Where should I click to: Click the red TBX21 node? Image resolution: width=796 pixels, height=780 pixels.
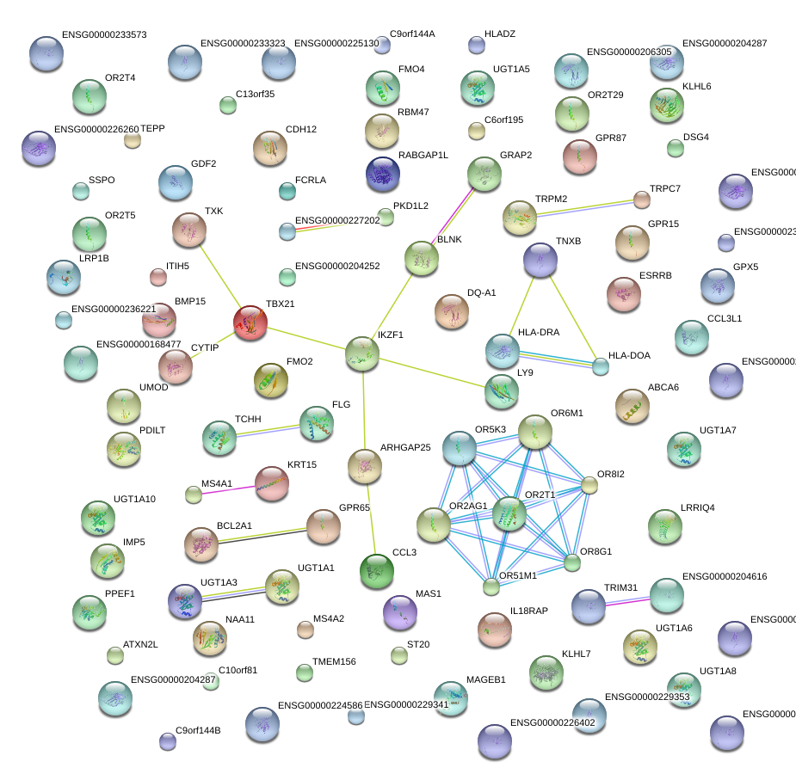(x=250, y=323)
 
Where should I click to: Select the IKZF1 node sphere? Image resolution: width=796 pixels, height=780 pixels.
(x=362, y=353)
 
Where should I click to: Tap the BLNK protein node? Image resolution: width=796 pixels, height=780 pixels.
(x=421, y=258)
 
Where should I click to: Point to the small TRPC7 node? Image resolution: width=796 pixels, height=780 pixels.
(x=641, y=200)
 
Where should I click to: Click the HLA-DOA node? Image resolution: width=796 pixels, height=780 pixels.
(x=601, y=366)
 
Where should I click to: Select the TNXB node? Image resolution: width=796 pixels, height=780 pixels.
(x=540, y=260)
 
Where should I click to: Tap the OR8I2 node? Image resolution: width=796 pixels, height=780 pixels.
(x=589, y=485)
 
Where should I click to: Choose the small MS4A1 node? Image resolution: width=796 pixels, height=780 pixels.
(x=194, y=494)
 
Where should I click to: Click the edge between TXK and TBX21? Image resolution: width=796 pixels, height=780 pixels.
(x=219, y=277)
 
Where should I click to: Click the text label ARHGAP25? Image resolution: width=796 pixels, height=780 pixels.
(x=405, y=448)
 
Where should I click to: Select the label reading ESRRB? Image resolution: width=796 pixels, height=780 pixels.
(x=656, y=276)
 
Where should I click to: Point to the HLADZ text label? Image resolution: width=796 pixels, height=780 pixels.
(x=500, y=34)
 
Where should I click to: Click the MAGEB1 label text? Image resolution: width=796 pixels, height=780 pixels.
(x=486, y=679)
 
